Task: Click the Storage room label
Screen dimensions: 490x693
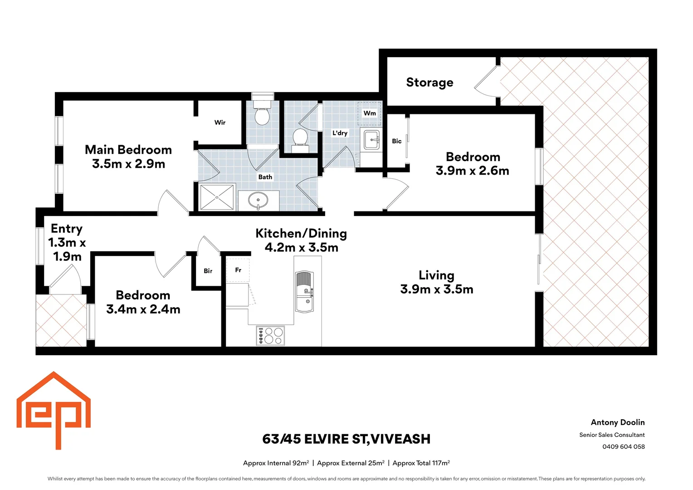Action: pyautogui.click(x=429, y=83)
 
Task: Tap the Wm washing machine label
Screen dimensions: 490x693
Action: pyautogui.click(x=370, y=113)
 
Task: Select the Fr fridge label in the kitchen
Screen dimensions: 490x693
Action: pyautogui.click(x=238, y=270)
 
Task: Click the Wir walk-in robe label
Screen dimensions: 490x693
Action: pyautogui.click(x=220, y=122)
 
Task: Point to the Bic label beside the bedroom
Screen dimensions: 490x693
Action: pyautogui.click(x=397, y=141)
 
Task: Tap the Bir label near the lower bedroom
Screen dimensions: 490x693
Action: pyautogui.click(x=208, y=271)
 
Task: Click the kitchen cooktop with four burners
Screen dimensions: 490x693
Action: pyautogui.click(x=270, y=336)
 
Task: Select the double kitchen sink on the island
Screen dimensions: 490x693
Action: pyautogui.click(x=304, y=292)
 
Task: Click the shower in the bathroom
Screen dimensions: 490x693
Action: pyautogui.click(x=217, y=197)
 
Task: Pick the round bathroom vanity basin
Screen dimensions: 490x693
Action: pyautogui.click(x=258, y=200)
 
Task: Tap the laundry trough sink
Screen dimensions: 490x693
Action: pyautogui.click(x=372, y=139)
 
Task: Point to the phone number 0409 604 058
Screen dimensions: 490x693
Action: pyautogui.click(x=623, y=446)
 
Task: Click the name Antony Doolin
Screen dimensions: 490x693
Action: pyautogui.click(x=617, y=422)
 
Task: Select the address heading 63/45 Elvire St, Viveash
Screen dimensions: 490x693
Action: pyautogui.click(x=346, y=439)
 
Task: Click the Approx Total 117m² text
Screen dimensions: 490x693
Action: pyautogui.click(x=421, y=463)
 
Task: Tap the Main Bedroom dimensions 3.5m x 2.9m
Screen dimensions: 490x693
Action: pyautogui.click(x=128, y=164)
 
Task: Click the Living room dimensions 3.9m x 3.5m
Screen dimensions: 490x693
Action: pyautogui.click(x=436, y=289)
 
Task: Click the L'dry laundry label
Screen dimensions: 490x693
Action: pyautogui.click(x=340, y=133)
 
